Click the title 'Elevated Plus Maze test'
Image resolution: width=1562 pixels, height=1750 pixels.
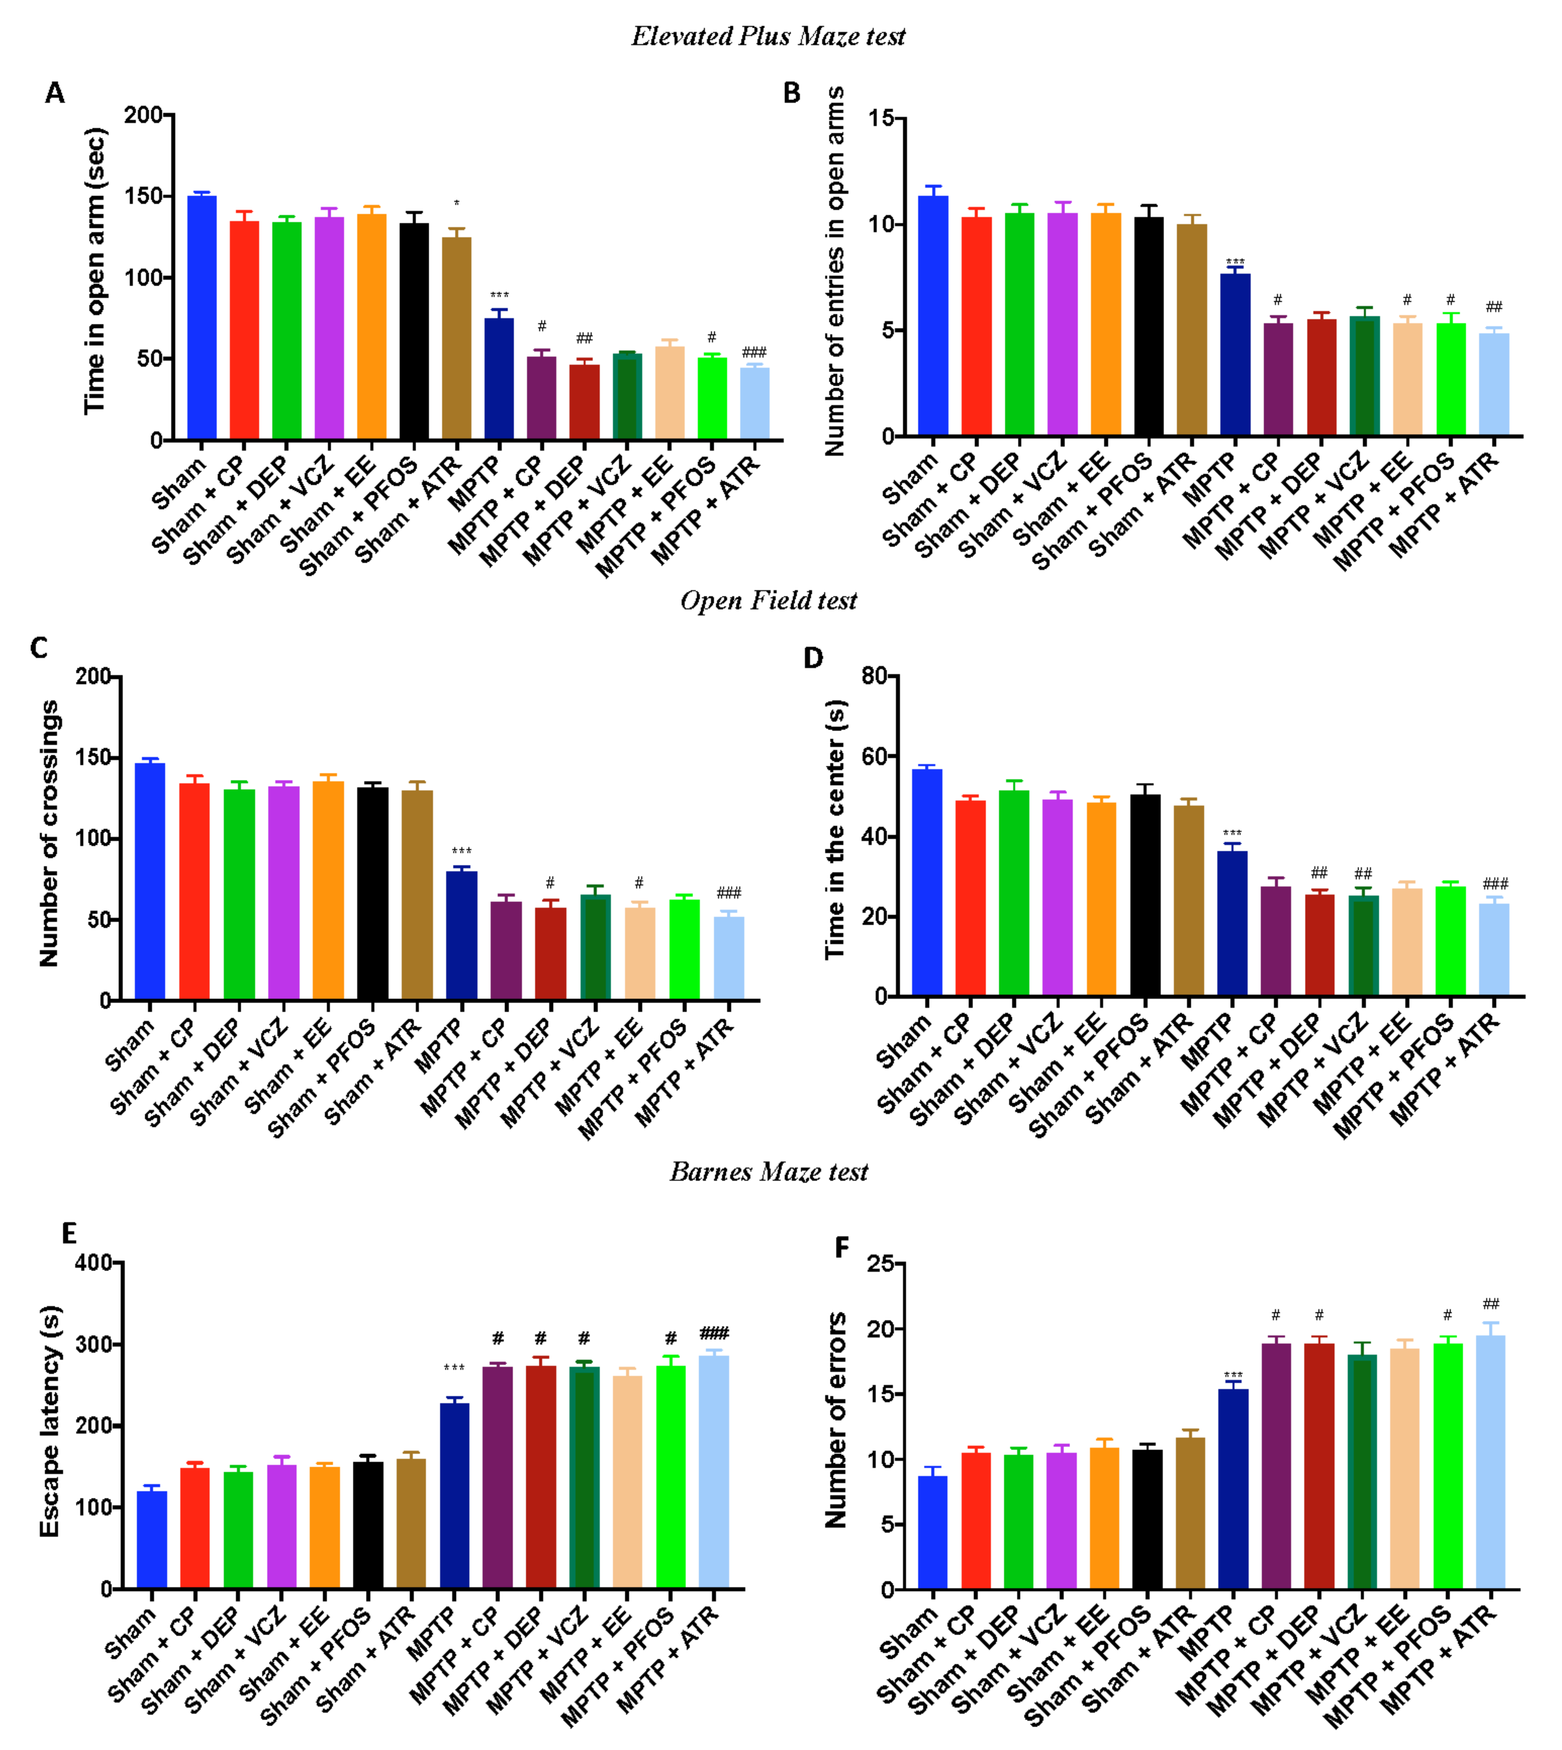[x=768, y=36]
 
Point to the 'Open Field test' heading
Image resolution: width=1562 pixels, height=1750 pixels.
[x=768, y=601]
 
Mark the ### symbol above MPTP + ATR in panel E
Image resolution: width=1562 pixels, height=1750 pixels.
[x=714, y=1333]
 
